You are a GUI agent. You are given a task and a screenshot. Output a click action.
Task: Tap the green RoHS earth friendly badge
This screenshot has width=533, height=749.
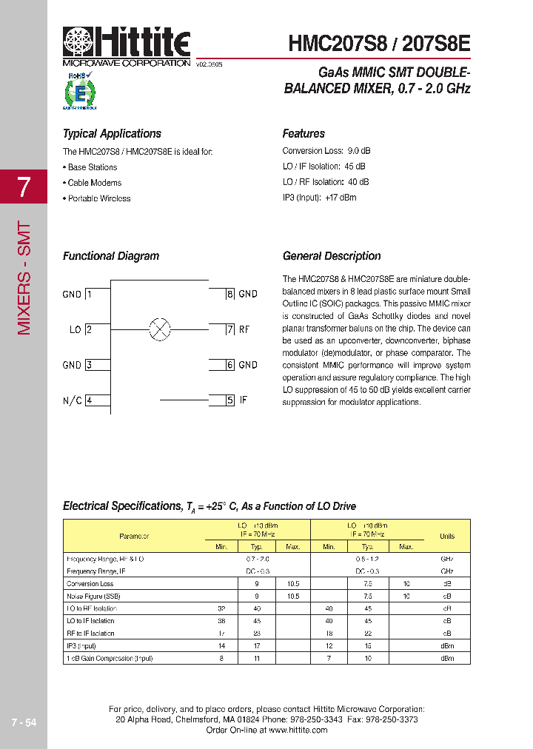point(80,92)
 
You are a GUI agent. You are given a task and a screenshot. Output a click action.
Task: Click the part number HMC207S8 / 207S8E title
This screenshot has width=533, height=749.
point(378,44)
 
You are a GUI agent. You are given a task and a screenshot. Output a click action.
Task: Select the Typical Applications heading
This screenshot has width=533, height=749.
point(112,134)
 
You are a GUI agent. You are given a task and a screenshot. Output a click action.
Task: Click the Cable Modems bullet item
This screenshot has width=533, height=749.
point(93,183)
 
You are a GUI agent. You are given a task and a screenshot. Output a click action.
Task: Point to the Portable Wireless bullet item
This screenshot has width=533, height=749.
point(97,198)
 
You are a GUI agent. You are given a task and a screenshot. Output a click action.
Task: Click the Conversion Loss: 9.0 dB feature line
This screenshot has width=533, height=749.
point(326,151)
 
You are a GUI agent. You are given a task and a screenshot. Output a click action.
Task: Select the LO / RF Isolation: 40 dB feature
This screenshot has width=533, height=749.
point(326,182)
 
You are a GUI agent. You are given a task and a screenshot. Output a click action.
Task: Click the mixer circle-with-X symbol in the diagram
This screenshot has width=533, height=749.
point(160,329)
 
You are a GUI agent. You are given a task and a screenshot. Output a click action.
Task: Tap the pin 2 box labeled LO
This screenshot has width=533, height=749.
point(89,329)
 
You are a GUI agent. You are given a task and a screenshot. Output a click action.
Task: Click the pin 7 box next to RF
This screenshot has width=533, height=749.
point(230,329)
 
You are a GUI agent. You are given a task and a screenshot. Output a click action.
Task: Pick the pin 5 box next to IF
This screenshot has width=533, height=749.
point(230,400)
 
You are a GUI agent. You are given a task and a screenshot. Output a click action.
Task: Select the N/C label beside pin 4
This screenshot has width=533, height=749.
point(72,400)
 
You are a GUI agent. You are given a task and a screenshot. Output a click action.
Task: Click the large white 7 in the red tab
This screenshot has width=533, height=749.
point(24,187)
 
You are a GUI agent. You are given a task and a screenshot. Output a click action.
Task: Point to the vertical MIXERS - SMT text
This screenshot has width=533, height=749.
point(24,278)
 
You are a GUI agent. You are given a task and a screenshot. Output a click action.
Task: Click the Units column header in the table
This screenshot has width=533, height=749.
point(447,536)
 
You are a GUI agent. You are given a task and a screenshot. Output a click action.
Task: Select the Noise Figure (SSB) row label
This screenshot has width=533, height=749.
point(93,596)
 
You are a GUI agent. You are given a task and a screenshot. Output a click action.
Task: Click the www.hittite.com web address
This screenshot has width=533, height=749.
point(298,730)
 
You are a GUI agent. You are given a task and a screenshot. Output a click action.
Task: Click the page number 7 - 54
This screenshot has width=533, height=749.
point(24,722)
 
